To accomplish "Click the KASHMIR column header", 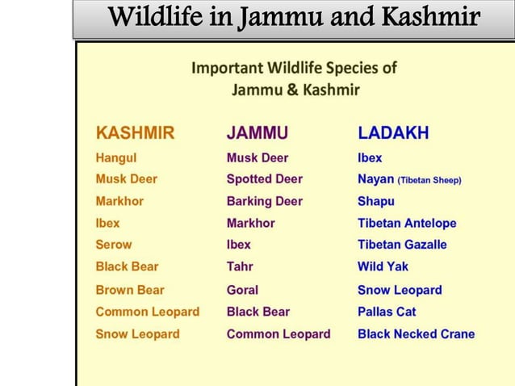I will pos(135,133).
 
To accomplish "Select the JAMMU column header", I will pos(257,133).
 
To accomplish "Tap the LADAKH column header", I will pos(393,133).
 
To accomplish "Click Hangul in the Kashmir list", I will pos(116,158).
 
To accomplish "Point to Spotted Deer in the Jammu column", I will pos(265,179).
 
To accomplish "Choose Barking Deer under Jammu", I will pos(265,201).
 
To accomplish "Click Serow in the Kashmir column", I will pos(114,245).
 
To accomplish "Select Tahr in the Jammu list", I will pos(240,266).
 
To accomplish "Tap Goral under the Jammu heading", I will pos(242,290).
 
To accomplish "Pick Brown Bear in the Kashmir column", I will pos(130,290).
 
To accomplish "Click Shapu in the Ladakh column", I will pos(376,201).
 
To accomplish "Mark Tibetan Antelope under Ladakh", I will pos(407,223).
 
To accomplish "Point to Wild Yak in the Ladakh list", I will pos(383,266).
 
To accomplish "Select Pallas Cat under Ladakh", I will pos(387,312).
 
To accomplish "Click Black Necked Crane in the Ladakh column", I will pos(416,334).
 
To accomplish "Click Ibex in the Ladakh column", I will pos(370,158).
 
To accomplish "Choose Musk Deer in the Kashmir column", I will pos(127,179).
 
